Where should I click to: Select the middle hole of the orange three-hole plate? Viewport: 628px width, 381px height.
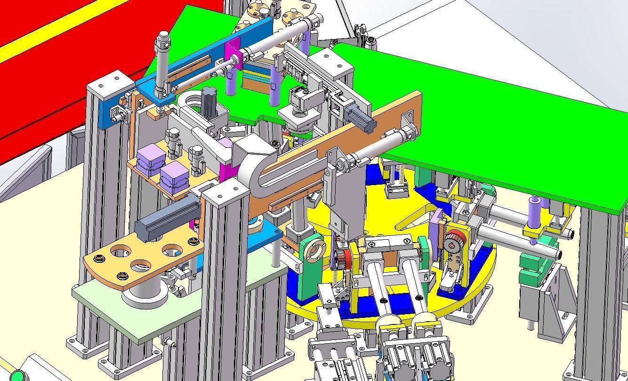coord(140,265)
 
